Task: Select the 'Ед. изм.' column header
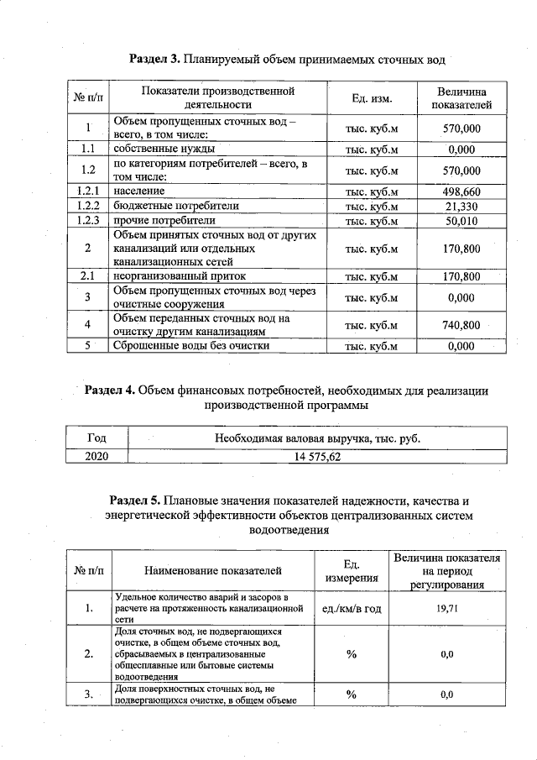372,98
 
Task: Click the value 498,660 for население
461,191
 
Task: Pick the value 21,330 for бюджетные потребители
461,206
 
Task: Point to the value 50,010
461,220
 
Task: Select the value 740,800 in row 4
461,325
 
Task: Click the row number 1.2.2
88,206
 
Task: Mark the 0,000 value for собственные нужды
461,149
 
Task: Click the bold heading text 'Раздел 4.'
110,390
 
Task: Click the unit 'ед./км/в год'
351,607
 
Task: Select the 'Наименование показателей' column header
213,571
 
